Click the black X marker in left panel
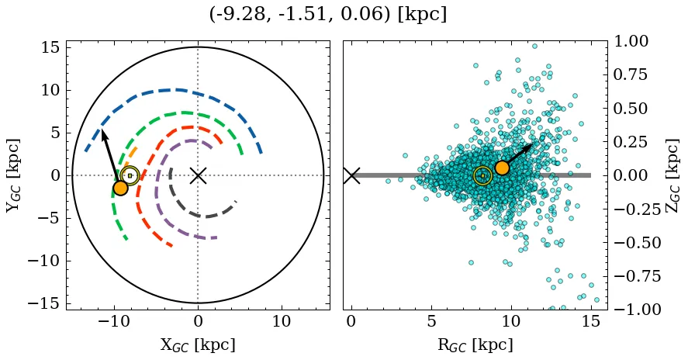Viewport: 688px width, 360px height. (x=198, y=175)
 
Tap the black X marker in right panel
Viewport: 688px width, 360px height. (x=351, y=175)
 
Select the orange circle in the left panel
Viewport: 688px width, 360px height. (x=120, y=188)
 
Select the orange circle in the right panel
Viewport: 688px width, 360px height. (x=502, y=168)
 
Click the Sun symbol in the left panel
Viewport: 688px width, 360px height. (x=130, y=175)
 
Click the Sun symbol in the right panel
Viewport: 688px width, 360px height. (x=482, y=175)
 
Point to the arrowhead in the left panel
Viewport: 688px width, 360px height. (x=103, y=133)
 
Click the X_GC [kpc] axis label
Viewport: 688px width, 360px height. (x=198, y=345)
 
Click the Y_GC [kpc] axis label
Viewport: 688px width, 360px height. (x=14, y=175)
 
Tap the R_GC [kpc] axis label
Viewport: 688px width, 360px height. (x=475, y=345)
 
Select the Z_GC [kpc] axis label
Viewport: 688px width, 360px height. (x=673, y=175)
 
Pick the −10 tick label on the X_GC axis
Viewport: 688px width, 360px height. (x=114, y=322)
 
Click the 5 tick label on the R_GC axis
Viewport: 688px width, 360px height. (x=431, y=322)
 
